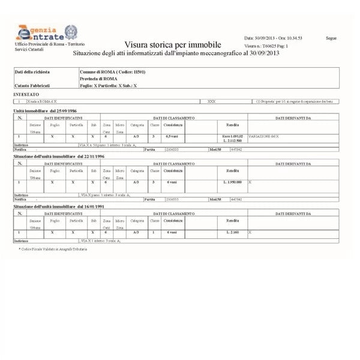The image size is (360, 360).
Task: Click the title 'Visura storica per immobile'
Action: [173, 45]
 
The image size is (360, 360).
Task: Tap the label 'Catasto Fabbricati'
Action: [32, 86]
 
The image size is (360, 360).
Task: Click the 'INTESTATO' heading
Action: [28, 95]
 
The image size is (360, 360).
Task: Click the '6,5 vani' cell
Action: [173, 137]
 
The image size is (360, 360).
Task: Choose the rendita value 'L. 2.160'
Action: [232, 232]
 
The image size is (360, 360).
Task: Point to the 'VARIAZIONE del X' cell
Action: [264, 137]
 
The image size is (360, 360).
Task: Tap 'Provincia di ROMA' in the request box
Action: [98, 79]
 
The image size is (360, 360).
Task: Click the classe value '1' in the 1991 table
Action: [153, 232]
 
